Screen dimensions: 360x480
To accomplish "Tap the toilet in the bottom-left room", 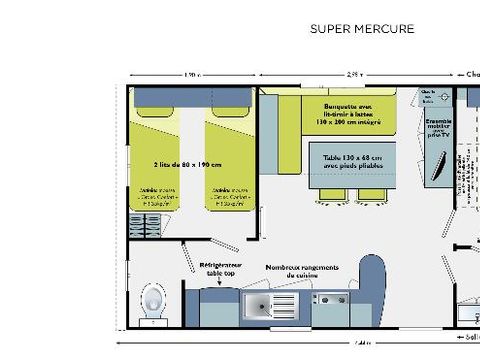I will pos(153,298).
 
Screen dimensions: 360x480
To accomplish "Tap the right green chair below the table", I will pos(371,195).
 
